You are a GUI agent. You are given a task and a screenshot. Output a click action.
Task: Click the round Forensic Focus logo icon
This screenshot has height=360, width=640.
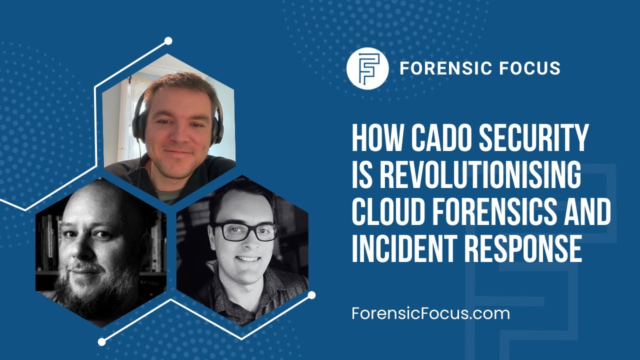367,68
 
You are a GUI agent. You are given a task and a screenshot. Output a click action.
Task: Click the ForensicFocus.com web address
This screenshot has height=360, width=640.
430,313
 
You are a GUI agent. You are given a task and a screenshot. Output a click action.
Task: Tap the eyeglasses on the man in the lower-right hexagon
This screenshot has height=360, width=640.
245,231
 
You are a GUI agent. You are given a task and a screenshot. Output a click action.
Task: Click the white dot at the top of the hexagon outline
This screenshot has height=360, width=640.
168,41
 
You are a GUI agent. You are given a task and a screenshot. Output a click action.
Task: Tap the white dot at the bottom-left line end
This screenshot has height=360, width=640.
102,342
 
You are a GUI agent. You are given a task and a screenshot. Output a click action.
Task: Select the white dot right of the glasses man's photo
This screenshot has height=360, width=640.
311,295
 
